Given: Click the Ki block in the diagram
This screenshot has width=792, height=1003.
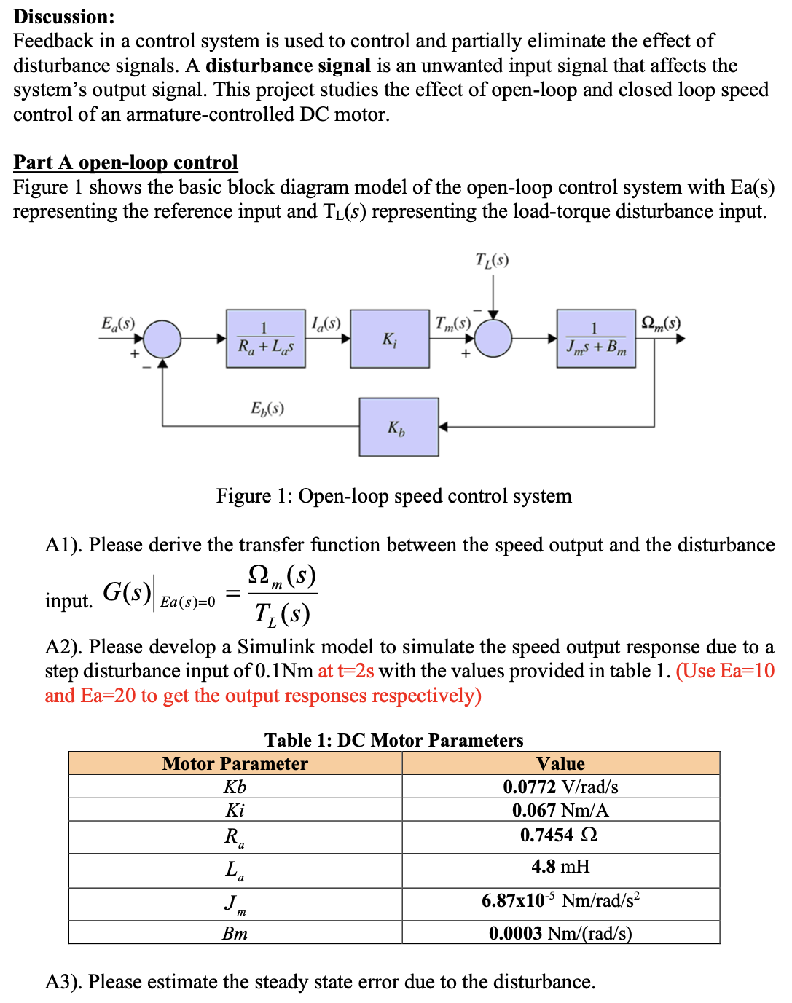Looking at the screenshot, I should pos(390,339).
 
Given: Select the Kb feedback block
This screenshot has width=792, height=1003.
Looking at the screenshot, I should pos(399,427).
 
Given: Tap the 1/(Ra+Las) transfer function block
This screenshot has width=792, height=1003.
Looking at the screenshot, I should pos(266,339).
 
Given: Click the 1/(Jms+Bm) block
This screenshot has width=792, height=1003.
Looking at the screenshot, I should pos(596,339).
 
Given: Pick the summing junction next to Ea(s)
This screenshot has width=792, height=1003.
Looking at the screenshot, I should pos(162,339).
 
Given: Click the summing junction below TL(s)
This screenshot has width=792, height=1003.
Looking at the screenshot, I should pos(493,339).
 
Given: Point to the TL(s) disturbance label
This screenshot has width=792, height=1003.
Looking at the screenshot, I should pos(492,260).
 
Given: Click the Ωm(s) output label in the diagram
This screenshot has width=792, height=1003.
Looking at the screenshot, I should pos(661,323).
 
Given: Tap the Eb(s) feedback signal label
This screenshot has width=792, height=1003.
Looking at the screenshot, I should pos(267,408).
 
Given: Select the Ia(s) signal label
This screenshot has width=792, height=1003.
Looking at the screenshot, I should pos(326,323).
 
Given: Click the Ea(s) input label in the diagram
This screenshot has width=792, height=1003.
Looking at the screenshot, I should pos(118,323).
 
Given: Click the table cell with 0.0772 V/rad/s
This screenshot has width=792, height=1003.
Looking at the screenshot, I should pos(560,787).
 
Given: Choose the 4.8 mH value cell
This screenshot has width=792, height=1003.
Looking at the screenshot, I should pos(560,867).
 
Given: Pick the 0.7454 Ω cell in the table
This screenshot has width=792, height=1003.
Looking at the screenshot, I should pos(560,835).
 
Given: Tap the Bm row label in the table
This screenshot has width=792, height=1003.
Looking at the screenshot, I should pos(235,933).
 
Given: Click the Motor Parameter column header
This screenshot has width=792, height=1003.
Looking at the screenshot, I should pos(235,763).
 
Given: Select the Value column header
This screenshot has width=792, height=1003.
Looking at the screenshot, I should pos(560,763).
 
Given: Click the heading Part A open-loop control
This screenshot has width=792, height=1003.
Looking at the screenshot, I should pos(125,162).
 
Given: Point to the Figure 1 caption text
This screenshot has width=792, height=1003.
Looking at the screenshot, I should pos(393,496).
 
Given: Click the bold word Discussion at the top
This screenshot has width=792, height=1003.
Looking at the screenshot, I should pos(64,16).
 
